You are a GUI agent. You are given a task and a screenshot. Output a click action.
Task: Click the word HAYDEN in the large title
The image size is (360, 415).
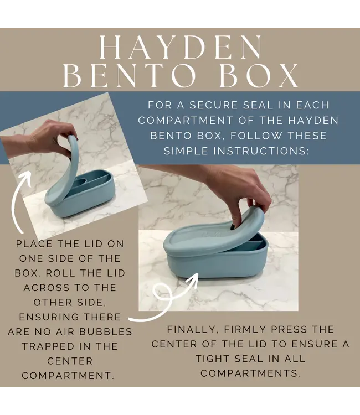(179, 49)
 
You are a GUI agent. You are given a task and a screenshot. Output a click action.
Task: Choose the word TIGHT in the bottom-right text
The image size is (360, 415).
(219, 359)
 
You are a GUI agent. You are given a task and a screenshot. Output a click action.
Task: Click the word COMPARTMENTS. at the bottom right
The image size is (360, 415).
(250, 373)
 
